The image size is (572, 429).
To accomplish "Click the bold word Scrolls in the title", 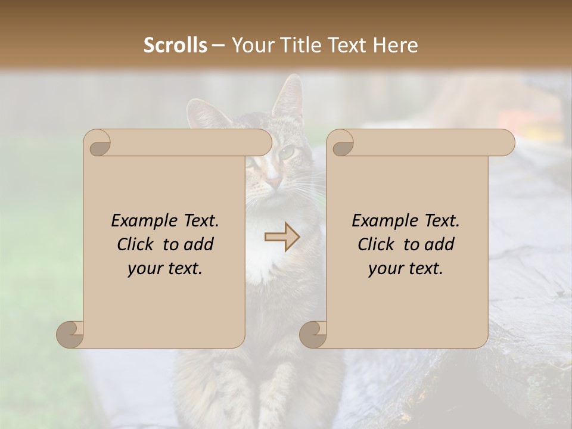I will pos(175,45).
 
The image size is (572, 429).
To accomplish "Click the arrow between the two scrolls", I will pos(282,237).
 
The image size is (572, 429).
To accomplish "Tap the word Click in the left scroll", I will pos(137,244).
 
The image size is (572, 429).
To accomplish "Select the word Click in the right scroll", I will pos(378,244).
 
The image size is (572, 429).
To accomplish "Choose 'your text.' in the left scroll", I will pos(165,269).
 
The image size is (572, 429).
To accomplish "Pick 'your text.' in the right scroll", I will pos(406,269).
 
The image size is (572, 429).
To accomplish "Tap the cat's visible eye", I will pos(288,153).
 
